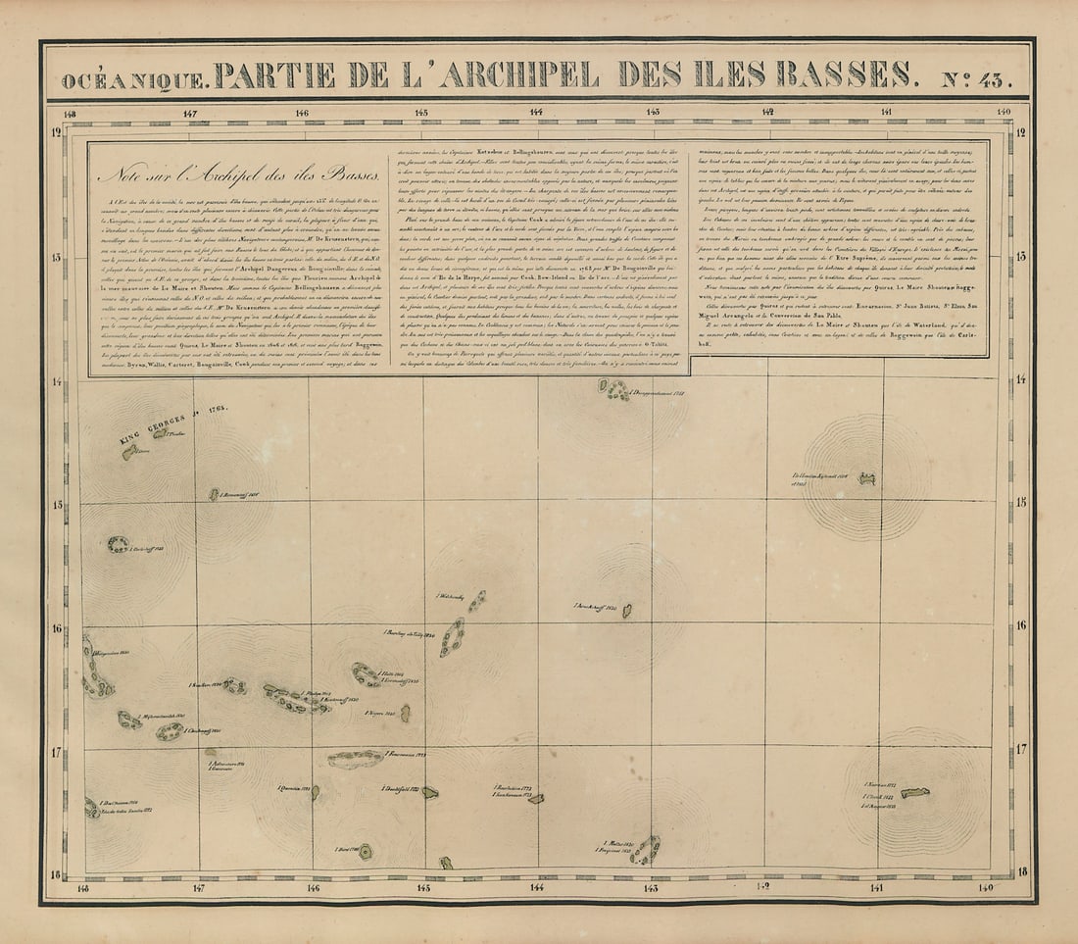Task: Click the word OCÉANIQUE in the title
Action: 135,78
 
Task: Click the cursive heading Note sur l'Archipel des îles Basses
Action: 239,177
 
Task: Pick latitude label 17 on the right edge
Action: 1021,749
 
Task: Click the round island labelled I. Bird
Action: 366,851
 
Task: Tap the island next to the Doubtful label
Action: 429,792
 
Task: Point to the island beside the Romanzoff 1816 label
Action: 214,495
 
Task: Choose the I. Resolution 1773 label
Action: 513,787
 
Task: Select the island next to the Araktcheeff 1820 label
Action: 627,611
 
